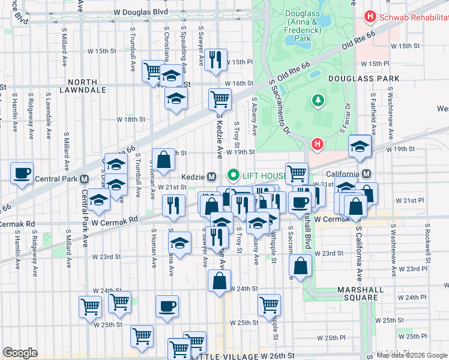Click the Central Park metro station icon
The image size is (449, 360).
coord(84,179)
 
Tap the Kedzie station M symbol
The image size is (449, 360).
coord(211,176)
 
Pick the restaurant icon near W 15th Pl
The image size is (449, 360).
coord(214,59)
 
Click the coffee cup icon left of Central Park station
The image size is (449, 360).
coord(22,173)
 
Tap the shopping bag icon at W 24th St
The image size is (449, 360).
coord(220,280)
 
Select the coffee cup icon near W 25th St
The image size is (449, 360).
coord(167,306)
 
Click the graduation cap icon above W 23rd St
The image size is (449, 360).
coord(179,243)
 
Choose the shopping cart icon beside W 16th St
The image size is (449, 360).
coord(220,98)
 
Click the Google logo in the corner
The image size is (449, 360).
coord(20,353)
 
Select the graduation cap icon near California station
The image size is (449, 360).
coord(359,146)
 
